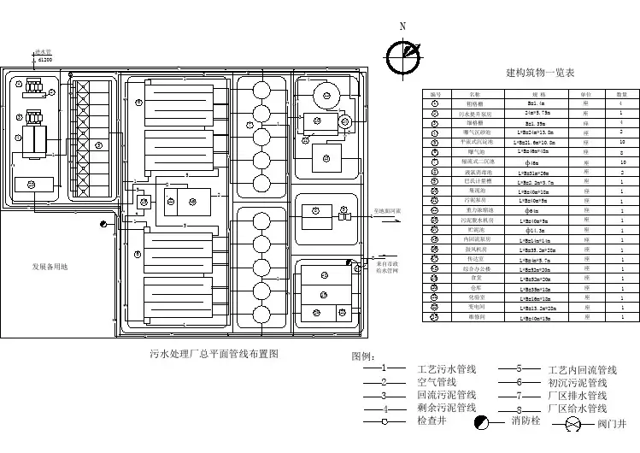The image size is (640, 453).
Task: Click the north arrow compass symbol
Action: point(402,57)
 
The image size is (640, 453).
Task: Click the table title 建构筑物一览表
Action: point(540,74)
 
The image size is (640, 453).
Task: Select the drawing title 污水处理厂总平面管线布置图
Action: point(214,353)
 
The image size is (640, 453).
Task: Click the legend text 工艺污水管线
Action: point(446,369)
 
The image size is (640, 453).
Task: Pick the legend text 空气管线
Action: point(436,382)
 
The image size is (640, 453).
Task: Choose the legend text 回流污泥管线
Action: point(446,395)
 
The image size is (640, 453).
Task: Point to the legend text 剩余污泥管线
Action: point(446,408)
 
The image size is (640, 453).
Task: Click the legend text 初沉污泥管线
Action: point(577,383)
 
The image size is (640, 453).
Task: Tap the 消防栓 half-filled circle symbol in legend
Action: point(483,421)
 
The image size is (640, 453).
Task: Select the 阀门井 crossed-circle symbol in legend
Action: point(584,422)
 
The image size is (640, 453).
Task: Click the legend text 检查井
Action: point(432,421)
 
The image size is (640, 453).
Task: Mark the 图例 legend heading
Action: point(363,356)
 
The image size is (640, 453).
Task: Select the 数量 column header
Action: point(621,93)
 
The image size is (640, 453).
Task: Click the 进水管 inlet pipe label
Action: point(44,53)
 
